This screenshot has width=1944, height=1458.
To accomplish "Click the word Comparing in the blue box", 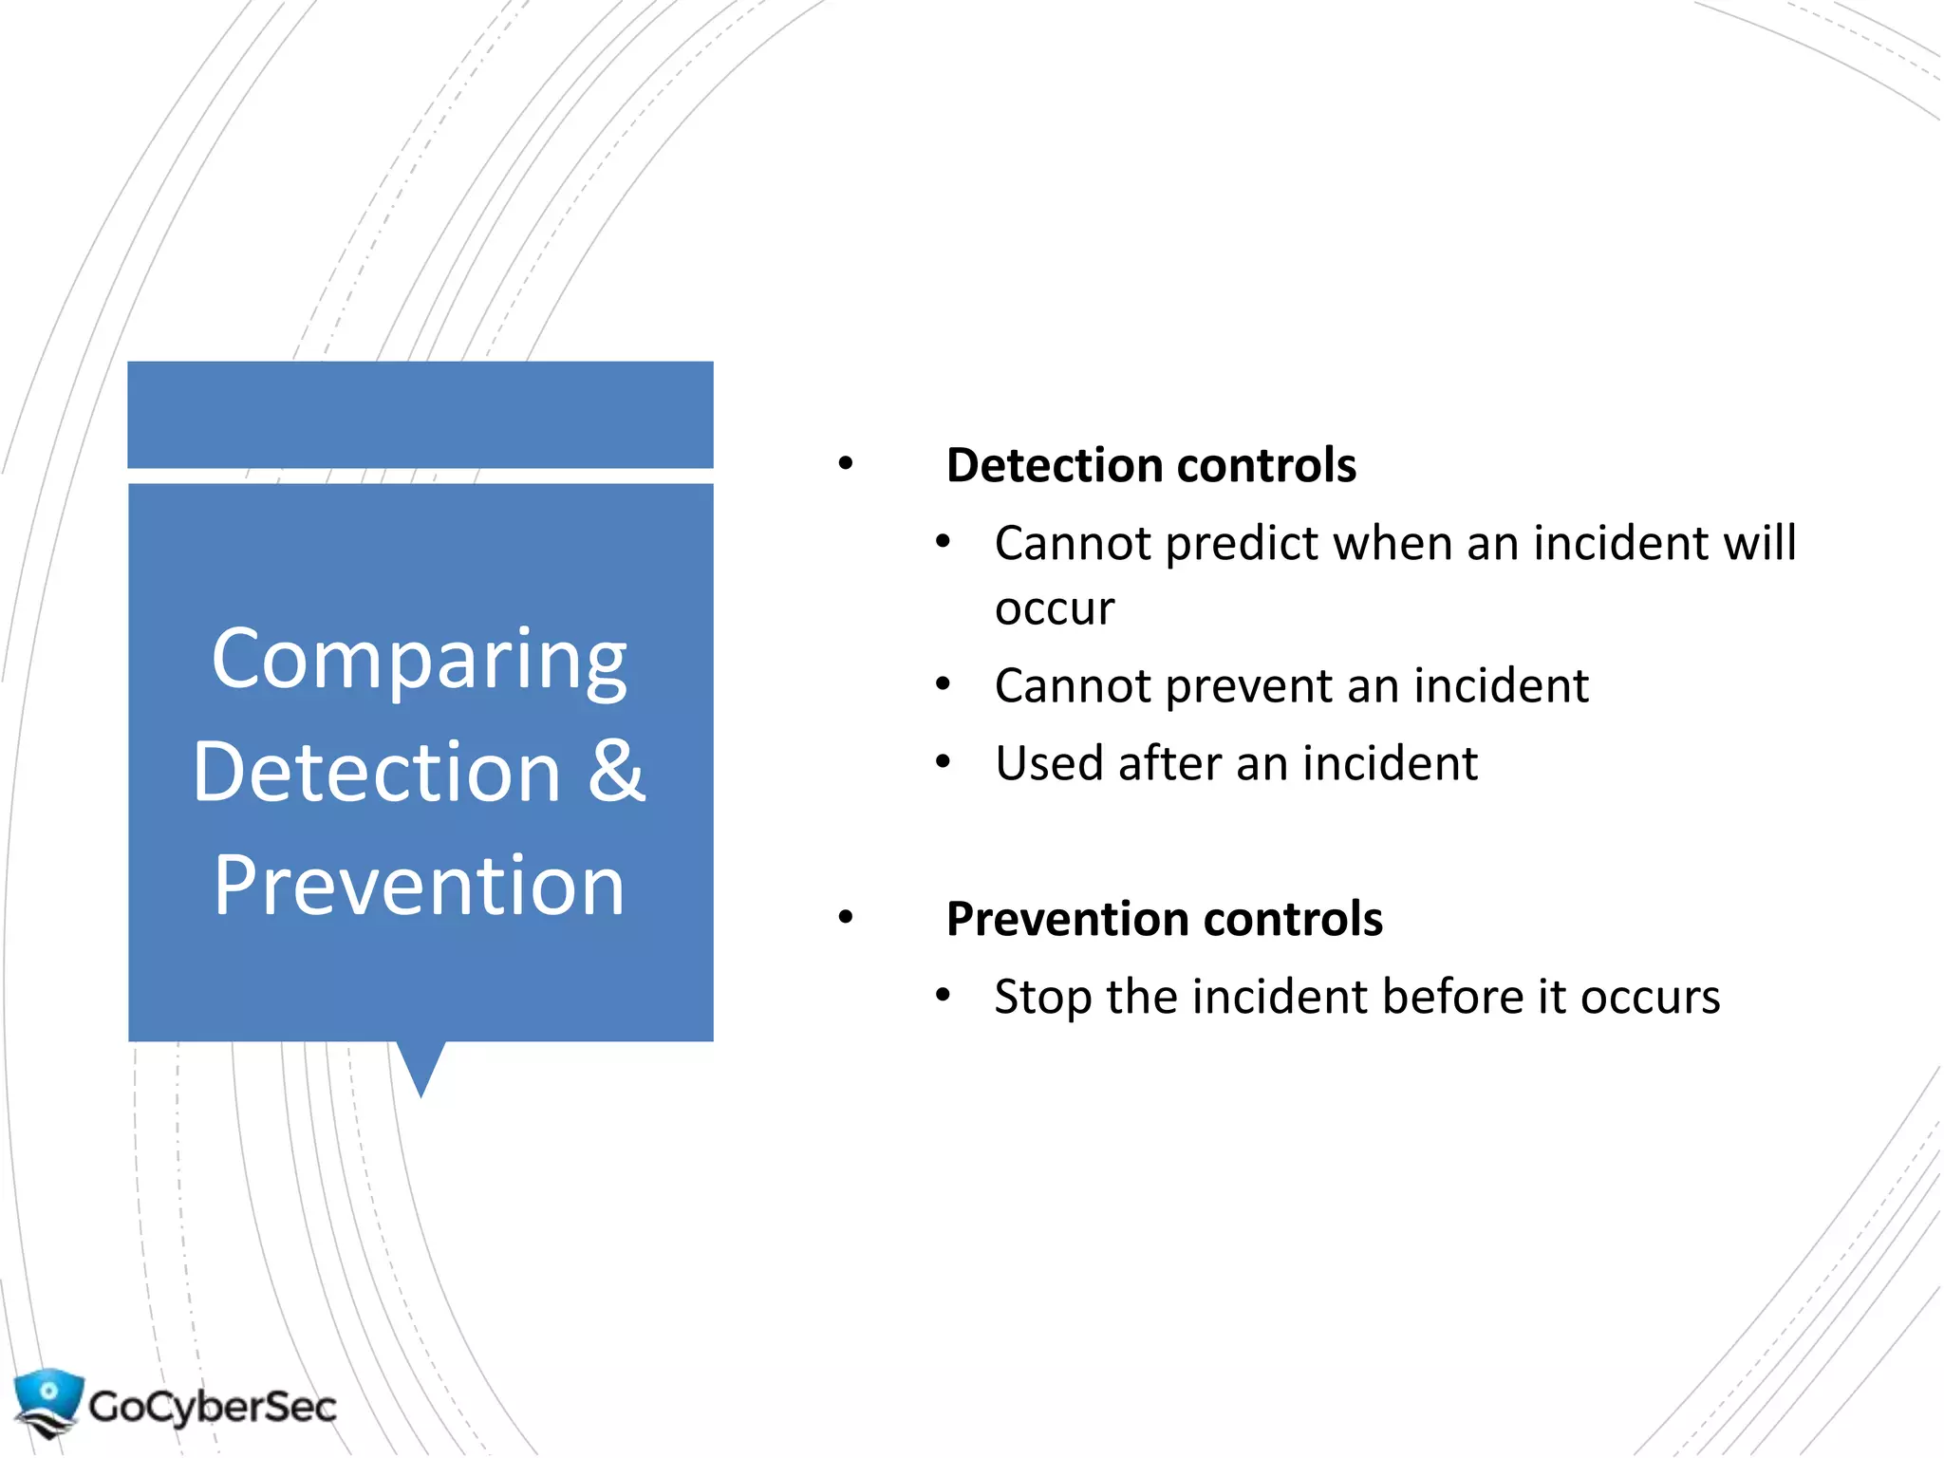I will click(x=419, y=660).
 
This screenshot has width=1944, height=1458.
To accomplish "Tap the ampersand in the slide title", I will click(x=616, y=771).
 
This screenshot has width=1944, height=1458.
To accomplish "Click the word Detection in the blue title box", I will click(x=378, y=773).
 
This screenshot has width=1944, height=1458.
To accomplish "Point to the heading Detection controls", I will click(x=1150, y=465).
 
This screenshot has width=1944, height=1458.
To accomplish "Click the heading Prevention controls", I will click(x=1164, y=919).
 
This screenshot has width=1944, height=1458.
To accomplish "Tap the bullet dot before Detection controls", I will click(x=845, y=464).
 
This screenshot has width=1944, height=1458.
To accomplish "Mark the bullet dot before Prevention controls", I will click(x=845, y=918).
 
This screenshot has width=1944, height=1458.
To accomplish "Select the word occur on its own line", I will click(x=1054, y=608).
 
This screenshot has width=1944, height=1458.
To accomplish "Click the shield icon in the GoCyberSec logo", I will click(x=47, y=1401).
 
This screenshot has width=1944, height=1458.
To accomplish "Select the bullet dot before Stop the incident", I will click(x=942, y=996).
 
